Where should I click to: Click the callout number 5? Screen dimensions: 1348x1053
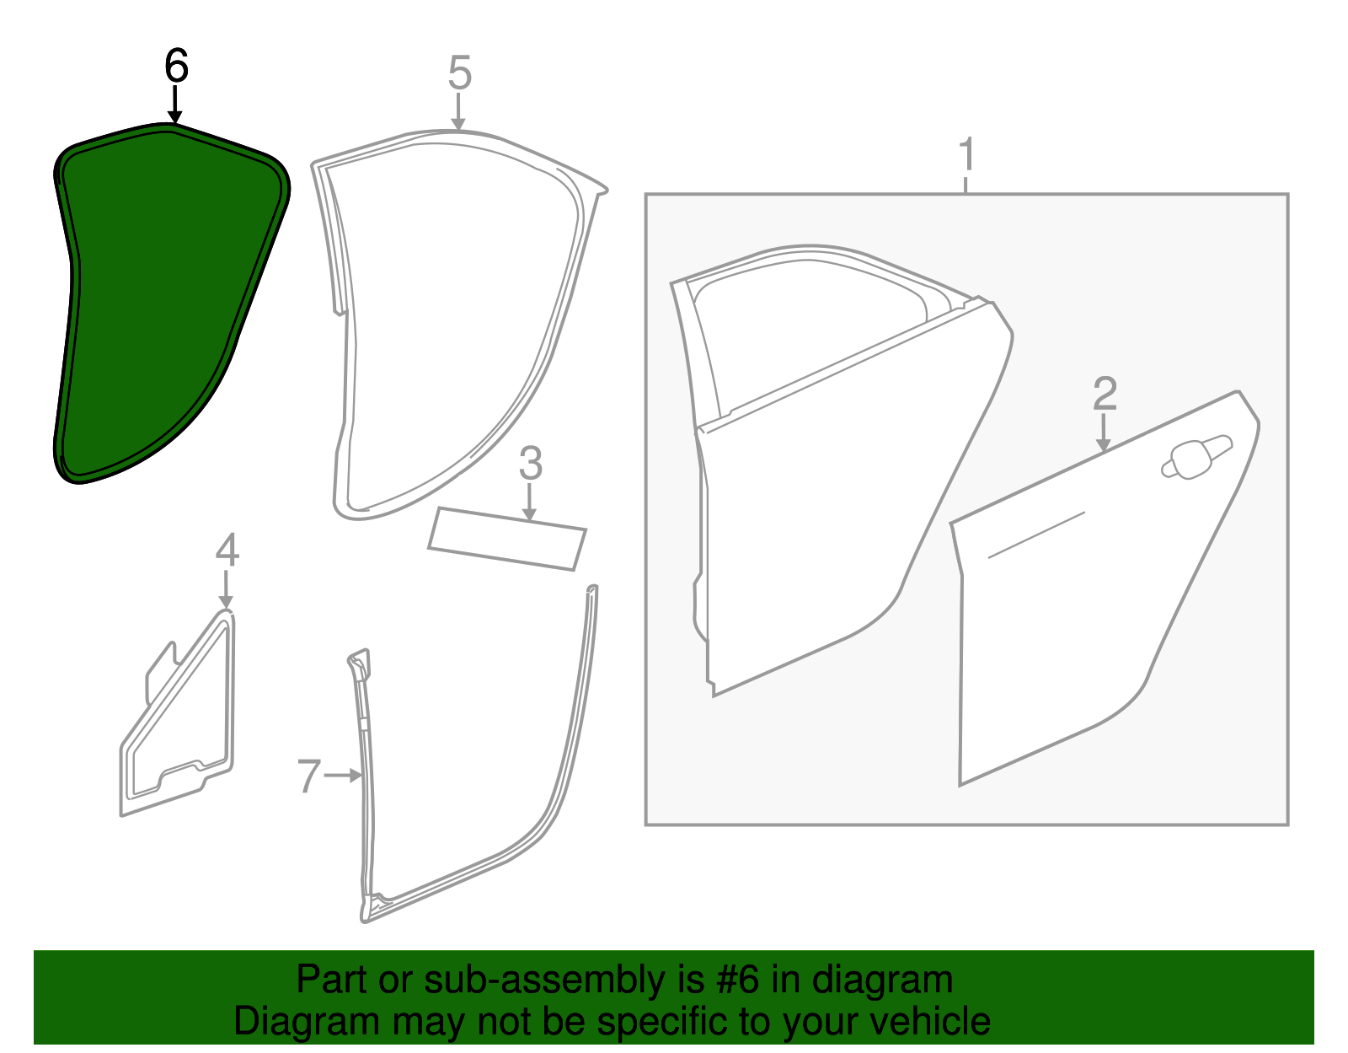(x=460, y=73)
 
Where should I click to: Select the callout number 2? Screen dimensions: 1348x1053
(x=1105, y=393)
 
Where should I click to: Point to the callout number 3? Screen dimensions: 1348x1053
(x=531, y=463)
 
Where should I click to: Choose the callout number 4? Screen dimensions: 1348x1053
(x=227, y=550)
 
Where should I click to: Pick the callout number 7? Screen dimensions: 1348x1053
(x=309, y=776)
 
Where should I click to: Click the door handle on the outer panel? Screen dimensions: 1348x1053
(x=1196, y=457)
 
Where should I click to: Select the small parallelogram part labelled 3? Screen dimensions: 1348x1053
(x=507, y=539)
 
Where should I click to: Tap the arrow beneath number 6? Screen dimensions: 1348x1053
(x=175, y=105)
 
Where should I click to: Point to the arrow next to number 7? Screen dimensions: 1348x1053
(x=342, y=776)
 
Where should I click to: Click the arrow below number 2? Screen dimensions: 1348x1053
(x=1103, y=432)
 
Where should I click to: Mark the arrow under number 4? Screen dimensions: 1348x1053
(x=226, y=589)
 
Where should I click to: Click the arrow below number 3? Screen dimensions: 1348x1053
(x=529, y=502)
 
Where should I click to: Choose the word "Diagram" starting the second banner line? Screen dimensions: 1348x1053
(x=307, y=1023)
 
